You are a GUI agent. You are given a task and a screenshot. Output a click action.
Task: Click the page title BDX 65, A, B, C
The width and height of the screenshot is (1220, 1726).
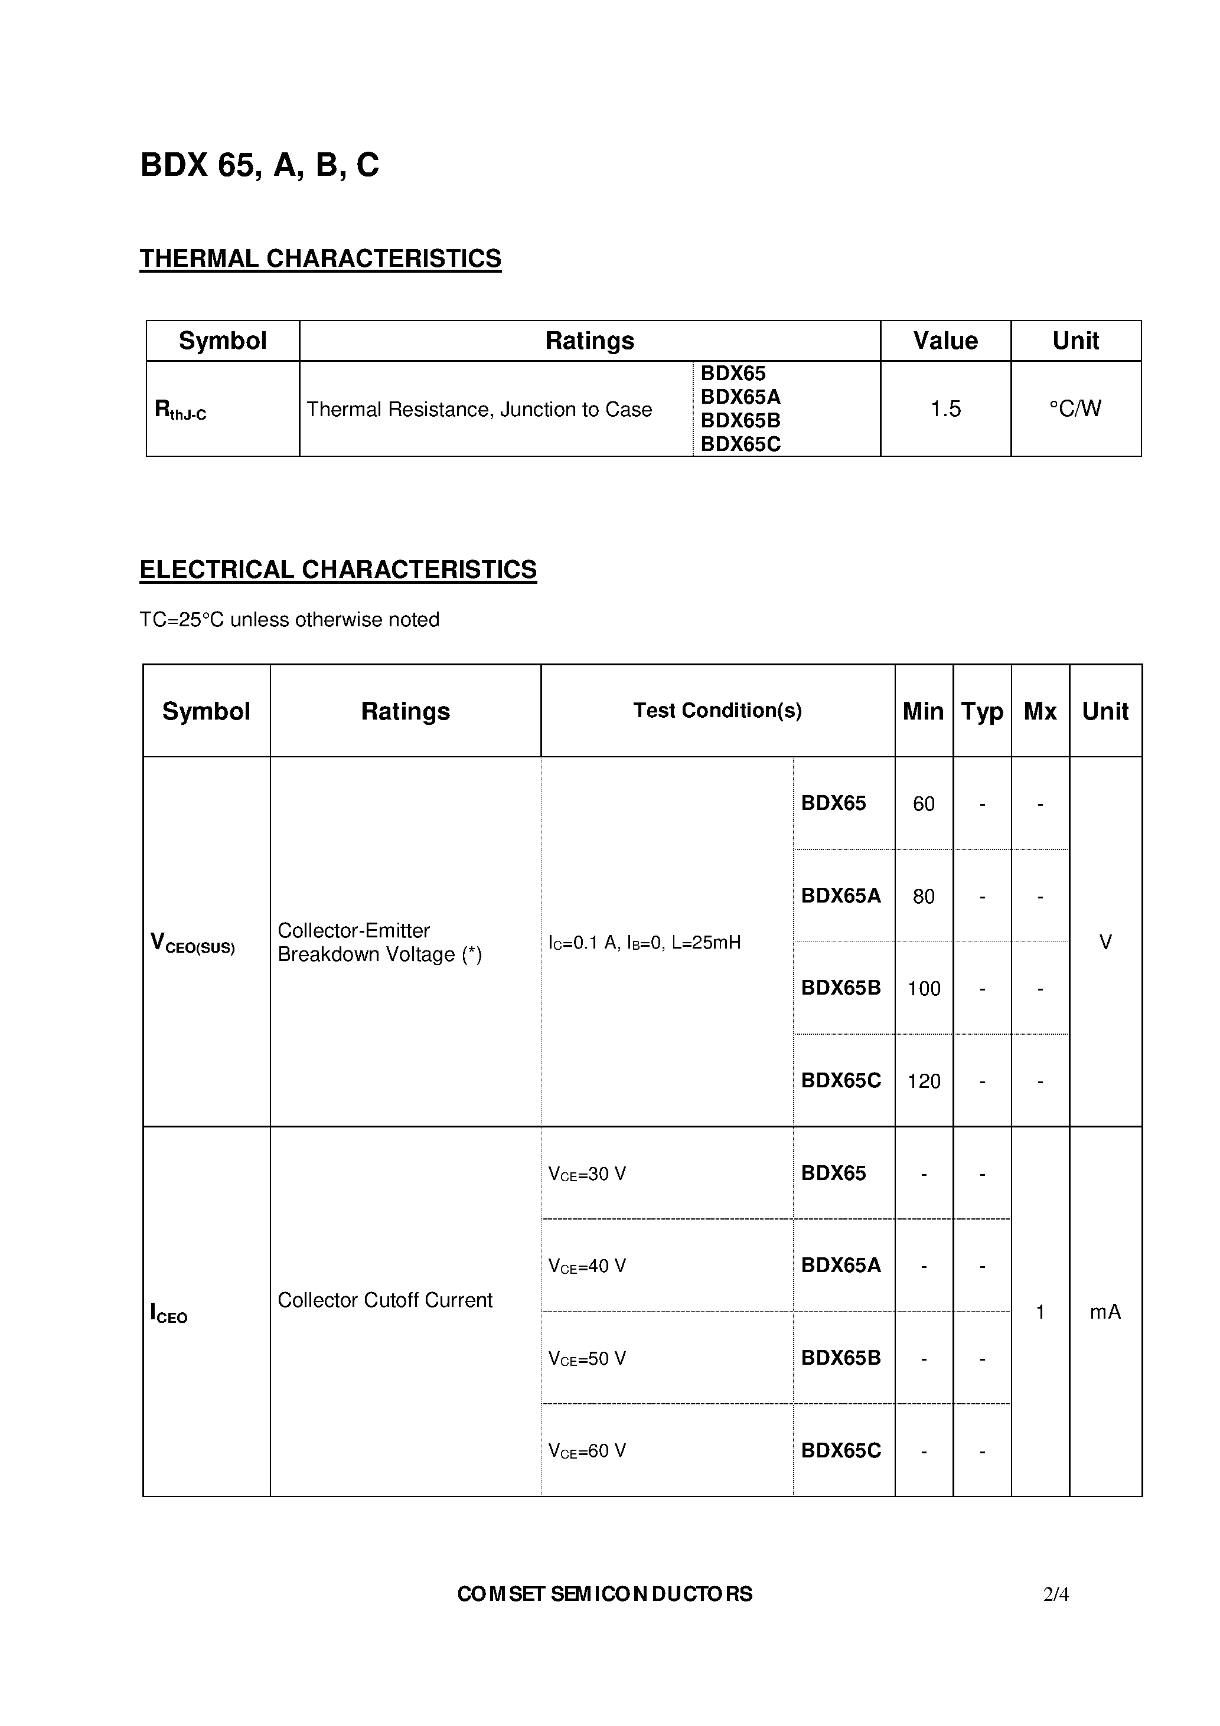[x=259, y=165]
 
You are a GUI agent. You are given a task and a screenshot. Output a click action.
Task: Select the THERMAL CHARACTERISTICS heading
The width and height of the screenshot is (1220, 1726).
[x=321, y=259]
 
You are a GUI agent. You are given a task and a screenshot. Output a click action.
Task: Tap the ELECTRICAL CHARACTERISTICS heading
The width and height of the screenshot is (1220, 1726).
[x=338, y=570]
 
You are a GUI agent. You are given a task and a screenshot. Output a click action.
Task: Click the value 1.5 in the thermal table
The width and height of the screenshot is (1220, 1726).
[x=945, y=409]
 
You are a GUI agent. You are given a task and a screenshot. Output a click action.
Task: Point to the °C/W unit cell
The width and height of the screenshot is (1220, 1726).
[x=1075, y=409]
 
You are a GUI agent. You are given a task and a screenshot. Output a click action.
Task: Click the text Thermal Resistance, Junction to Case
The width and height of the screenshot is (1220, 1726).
[x=479, y=410]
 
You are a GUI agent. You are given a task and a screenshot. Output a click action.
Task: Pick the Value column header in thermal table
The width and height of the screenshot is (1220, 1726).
[x=945, y=341]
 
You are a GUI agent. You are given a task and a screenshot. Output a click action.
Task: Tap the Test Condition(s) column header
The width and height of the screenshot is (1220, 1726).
[x=717, y=710]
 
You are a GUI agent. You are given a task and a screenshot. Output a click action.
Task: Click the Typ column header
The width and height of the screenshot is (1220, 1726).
[x=981, y=711]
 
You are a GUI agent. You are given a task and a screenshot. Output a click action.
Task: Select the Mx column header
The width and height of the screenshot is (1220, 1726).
[x=1039, y=711]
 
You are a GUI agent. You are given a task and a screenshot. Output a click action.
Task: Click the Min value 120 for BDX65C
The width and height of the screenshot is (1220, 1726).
[x=924, y=1081]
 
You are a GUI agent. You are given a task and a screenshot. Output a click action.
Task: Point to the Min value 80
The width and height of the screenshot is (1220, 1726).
[x=924, y=896]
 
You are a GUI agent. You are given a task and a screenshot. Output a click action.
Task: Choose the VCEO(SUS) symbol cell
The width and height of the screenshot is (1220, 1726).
[x=193, y=943]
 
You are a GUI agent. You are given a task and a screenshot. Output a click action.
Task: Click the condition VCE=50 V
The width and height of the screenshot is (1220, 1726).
[x=588, y=1358]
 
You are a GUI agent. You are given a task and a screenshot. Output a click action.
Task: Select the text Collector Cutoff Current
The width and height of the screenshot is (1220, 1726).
[x=384, y=1300]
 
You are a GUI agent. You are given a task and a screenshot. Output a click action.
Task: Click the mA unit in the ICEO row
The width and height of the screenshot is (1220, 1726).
[x=1105, y=1312]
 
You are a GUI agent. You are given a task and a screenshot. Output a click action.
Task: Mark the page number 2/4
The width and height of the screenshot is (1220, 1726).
[x=1055, y=1594]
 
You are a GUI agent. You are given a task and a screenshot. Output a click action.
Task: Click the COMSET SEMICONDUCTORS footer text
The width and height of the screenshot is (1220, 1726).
[x=605, y=1594]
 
